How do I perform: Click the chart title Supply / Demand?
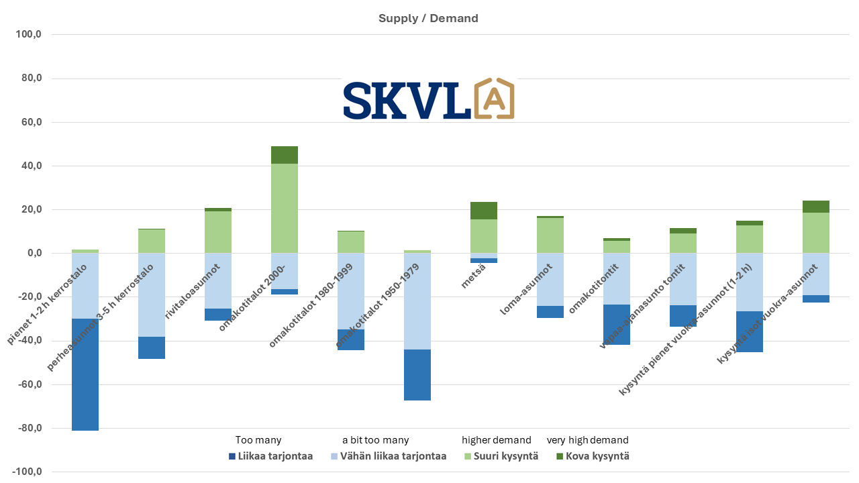point(428,18)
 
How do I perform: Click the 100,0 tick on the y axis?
point(29,34)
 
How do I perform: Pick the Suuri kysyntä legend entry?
point(500,456)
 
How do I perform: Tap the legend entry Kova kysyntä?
point(593,456)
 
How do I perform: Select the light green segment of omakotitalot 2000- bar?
point(285,208)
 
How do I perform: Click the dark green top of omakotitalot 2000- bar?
point(285,155)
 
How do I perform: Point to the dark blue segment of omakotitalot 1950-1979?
point(417,375)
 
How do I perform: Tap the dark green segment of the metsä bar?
point(484,211)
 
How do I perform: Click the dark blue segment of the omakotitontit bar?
point(617,325)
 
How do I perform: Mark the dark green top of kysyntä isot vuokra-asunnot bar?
point(816,207)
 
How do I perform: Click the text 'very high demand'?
point(587,440)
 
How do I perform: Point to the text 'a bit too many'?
point(375,440)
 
